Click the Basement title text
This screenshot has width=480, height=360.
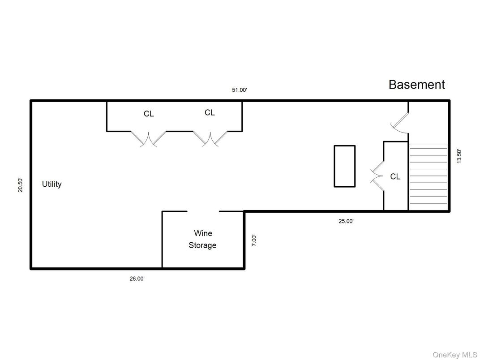pos(416,85)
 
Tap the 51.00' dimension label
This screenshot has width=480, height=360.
pos(240,90)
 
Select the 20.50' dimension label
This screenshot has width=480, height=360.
pos(21,185)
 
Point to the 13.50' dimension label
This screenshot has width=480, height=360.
pos(459,156)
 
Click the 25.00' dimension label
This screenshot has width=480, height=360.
pos(346,221)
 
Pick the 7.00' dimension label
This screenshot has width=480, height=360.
pos(254,240)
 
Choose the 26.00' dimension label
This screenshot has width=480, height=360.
pos(137,279)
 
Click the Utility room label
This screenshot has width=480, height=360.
pos(52,184)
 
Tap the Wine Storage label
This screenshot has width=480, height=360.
pos(203,239)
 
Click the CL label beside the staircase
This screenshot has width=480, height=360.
pos(395,176)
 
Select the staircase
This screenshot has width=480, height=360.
pos(428,177)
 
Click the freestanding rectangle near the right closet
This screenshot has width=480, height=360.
pos(345,166)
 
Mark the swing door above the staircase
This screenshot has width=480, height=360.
pos(400,124)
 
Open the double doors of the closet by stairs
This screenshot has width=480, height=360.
pos(377,176)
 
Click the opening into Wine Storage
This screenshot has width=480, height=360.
pos(203,211)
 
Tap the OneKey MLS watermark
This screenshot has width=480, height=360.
pos(455,355)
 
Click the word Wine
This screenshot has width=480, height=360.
pos(203,233)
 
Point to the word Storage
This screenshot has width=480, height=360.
pos(203,245)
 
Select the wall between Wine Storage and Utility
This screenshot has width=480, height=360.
pos(162,240)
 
